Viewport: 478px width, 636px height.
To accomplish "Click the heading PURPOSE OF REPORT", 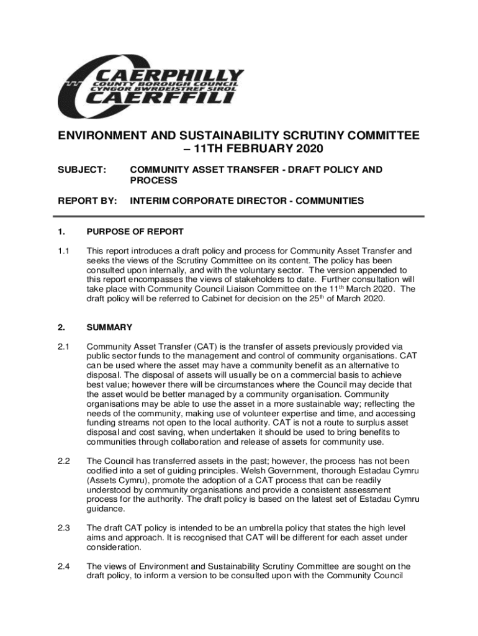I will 135,232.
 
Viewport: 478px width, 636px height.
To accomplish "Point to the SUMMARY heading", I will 109,327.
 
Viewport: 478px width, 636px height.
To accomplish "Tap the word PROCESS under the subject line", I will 153,180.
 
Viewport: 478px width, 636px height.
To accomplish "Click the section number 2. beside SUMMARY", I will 61,327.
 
